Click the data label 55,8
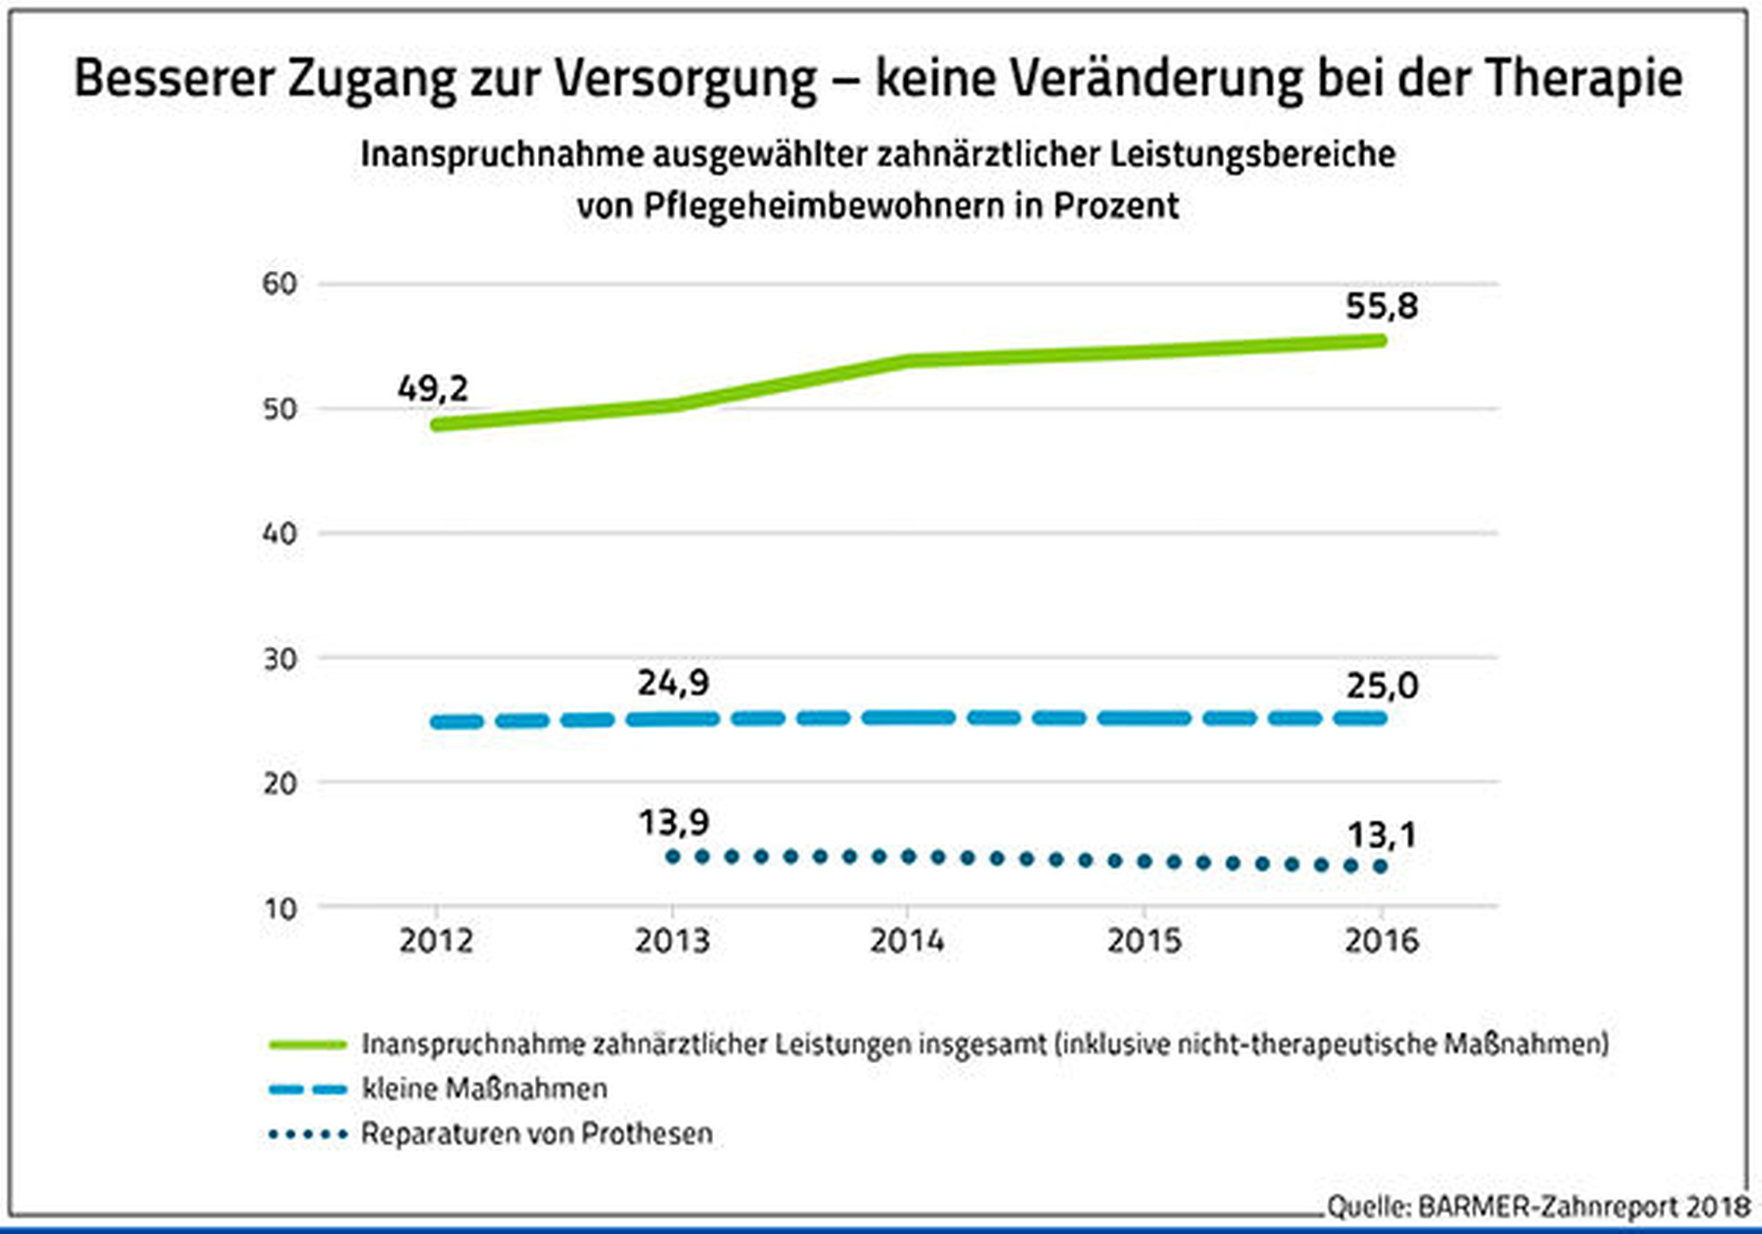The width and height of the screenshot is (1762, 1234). click(x=1382, y=306)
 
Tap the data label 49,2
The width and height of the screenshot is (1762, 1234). click(x=433, y=388)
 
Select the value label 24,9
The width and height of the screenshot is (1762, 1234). click(x=673, y=684)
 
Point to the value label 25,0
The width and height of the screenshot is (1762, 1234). click(x=1382, y=687)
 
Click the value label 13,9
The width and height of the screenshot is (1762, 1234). click(x=673, y=822)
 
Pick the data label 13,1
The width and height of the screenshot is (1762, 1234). click(x=1382, y=836)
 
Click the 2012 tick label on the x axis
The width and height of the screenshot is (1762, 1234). click(x=436, y=941)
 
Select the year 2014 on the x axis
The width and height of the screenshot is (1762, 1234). click(x=907, y=941)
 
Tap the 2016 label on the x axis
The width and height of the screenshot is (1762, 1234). click(x=1382, y=941)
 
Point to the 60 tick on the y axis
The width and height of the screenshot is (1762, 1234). click(x=279, y=284)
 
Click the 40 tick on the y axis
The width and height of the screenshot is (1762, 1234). click(x=279, y=533)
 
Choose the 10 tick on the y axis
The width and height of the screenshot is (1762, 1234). click(x=279, y=908)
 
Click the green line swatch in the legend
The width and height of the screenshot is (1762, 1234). click(x=307, y=1045)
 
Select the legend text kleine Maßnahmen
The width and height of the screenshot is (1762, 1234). click(x=484, y=1088)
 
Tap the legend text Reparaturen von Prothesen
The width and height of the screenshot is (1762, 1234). click(x=537, y=1134)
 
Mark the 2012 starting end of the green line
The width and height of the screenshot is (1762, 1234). click(x=436, y=424)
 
